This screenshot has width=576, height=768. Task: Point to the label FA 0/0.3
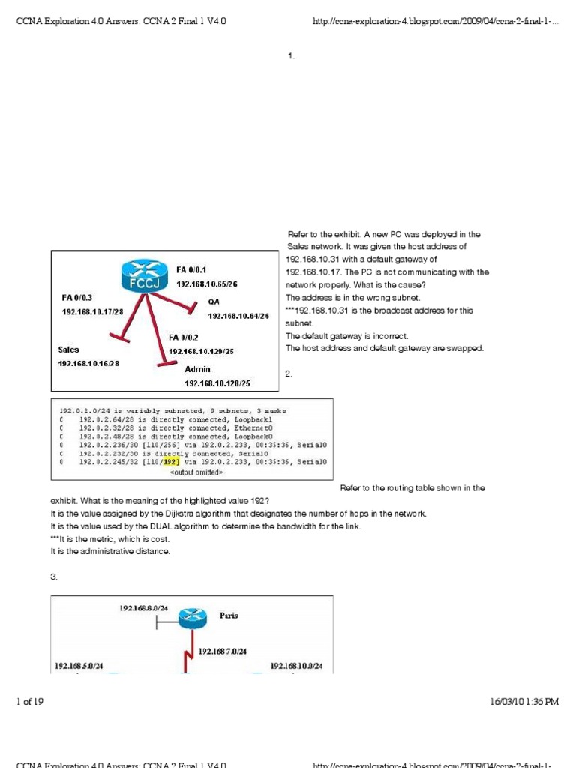[x=77, y=297]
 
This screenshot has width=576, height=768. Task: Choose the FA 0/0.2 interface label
[x=184, y=337]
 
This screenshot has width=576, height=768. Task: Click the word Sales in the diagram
[x=69, y=349]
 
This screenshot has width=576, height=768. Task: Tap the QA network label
[x=214, y=301]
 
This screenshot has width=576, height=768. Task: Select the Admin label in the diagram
[x=198, y=369]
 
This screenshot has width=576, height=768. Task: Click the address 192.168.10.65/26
[x=207, y=284]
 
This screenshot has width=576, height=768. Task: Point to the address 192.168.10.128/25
[x=217, y=383]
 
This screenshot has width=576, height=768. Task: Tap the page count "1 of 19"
[x=29, y=702]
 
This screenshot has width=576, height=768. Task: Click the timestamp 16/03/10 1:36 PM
[x=524, y=702]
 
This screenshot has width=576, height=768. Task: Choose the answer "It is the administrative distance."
[x=110, y=551]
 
